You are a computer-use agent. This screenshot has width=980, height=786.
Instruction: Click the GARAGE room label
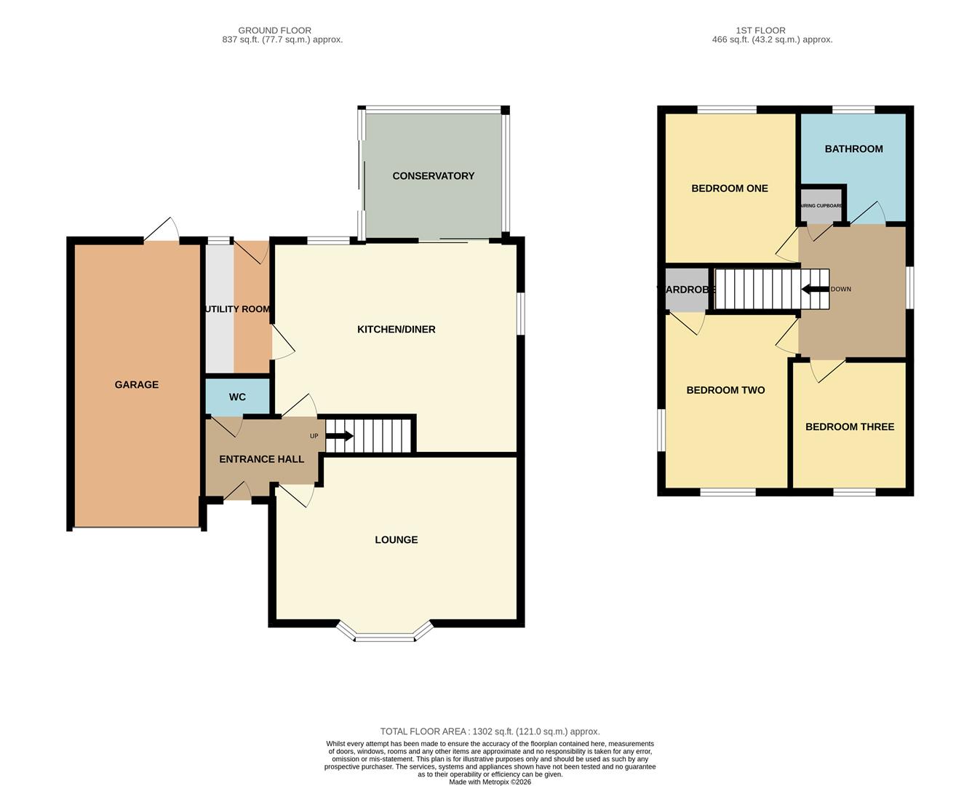136,385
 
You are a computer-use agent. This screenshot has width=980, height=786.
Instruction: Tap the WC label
237,397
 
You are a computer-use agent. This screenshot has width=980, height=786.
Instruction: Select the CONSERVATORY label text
433,176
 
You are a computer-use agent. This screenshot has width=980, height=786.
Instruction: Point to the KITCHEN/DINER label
396,330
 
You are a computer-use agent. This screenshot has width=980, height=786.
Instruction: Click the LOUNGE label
396,540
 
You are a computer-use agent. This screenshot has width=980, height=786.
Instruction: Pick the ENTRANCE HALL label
261,459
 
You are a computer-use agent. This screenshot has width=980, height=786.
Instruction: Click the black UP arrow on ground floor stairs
339,436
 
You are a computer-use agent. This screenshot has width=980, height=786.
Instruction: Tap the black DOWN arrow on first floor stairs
815,289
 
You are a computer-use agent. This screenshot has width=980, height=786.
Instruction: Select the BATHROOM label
853,149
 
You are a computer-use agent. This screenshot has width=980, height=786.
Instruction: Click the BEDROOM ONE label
729,188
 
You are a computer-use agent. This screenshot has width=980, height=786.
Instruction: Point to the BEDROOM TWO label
725,390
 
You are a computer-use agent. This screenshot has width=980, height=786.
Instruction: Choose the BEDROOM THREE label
849,426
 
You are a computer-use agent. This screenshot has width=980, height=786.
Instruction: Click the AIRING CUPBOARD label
821,206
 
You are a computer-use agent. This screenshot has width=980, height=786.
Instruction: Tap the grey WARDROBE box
687,289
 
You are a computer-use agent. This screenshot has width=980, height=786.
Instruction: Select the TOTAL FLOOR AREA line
490,731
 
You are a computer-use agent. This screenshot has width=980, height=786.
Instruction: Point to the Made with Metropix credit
490,782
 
